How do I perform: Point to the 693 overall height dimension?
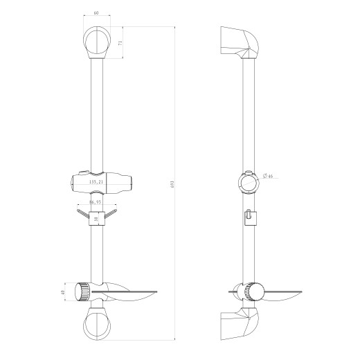tap(170, 182)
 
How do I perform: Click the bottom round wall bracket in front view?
tap(96, 323)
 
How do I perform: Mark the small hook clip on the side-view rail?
tap(249, 217)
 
